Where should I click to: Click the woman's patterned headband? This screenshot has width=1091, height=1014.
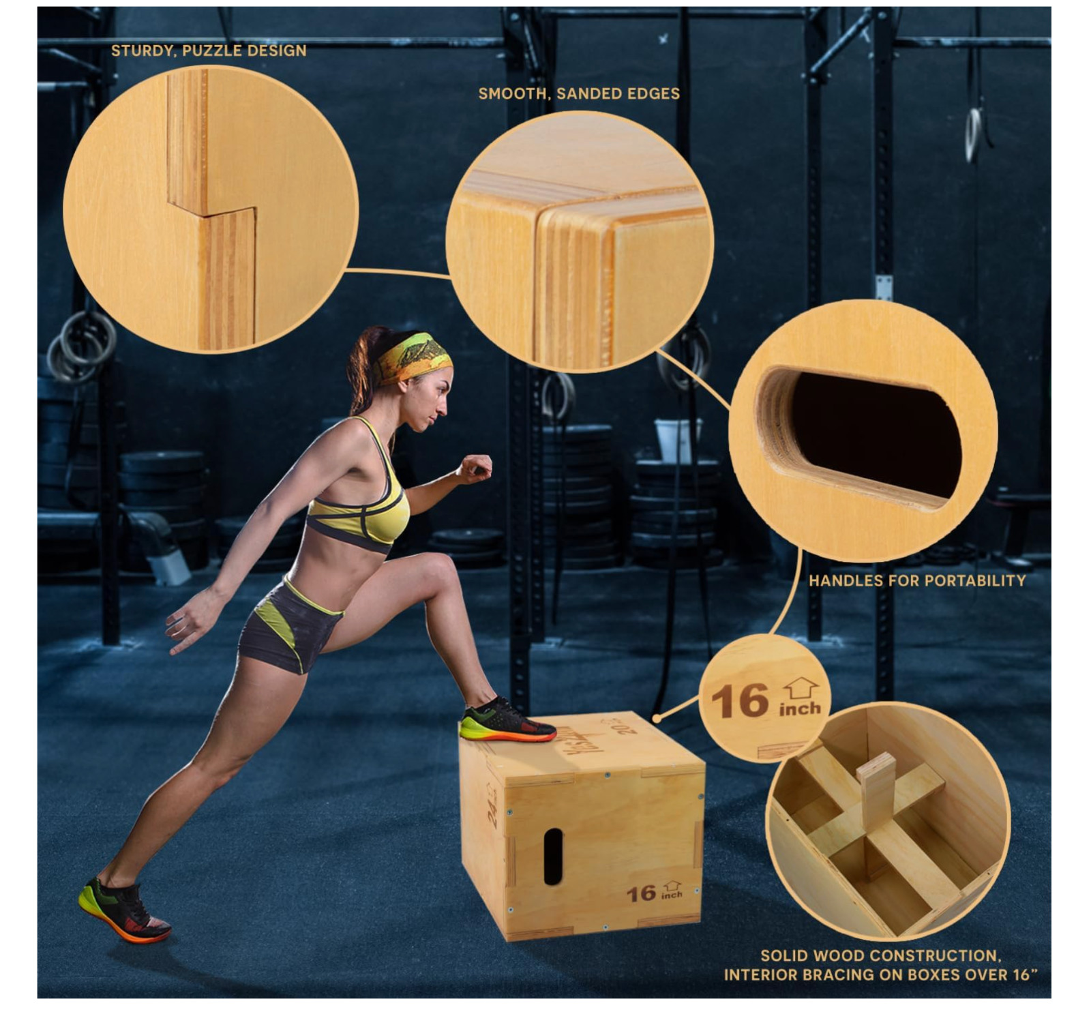(415, 357)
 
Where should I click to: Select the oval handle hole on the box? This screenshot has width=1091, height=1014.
(552, 856)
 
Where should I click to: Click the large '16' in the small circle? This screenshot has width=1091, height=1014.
(740, 702)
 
